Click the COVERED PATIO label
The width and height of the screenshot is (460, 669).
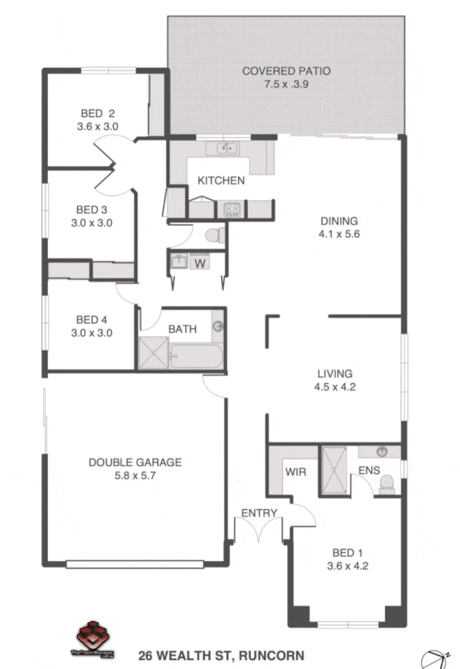pyautogui.click(x=286, y=71)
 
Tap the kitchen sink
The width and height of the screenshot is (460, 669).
pyautogui.click(x=221, y=149)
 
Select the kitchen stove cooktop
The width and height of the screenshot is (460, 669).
pyautogui.click(x=232, y=209)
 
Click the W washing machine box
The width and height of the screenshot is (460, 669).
pyautogui.click(x=200, y=261)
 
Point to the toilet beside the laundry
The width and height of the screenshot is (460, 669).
pyautogui.click(x=214, y=235)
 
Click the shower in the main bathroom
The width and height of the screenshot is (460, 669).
pyautogui.click(x=153, y=353)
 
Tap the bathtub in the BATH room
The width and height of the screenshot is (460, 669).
pyautogui.click(x=196, y=355)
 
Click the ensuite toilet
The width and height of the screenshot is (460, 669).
pyautogui.click(x=387, y=484)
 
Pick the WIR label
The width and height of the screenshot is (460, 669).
pyautogui.click(x=295, y=471)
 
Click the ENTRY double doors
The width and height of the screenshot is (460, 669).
pyautogui.click(x=259, y=530)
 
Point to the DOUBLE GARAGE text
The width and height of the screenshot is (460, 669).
pyautogui.click(x=135, y=463)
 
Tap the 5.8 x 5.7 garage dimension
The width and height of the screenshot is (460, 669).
pyautogui.click(x=134, y=477)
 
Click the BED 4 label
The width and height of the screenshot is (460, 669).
pyautogui.click(x=93, y=319)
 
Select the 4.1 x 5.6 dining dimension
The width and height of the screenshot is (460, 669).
pyautogui.click(x=339, y=233)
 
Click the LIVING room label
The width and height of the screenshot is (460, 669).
pyautogui.click(x=336, y=373)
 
